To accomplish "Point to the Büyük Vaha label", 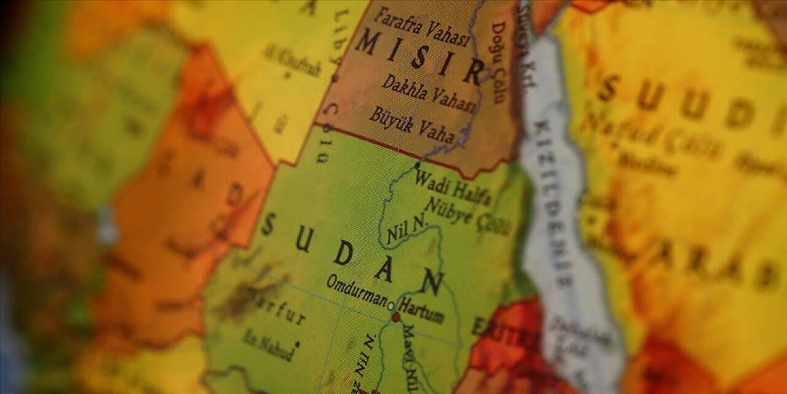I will (411, 124).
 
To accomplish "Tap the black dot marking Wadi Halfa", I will (417, 165).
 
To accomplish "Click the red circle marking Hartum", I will (396, 317).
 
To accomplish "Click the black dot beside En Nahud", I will (297, 344).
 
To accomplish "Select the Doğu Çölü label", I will (497, 62).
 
